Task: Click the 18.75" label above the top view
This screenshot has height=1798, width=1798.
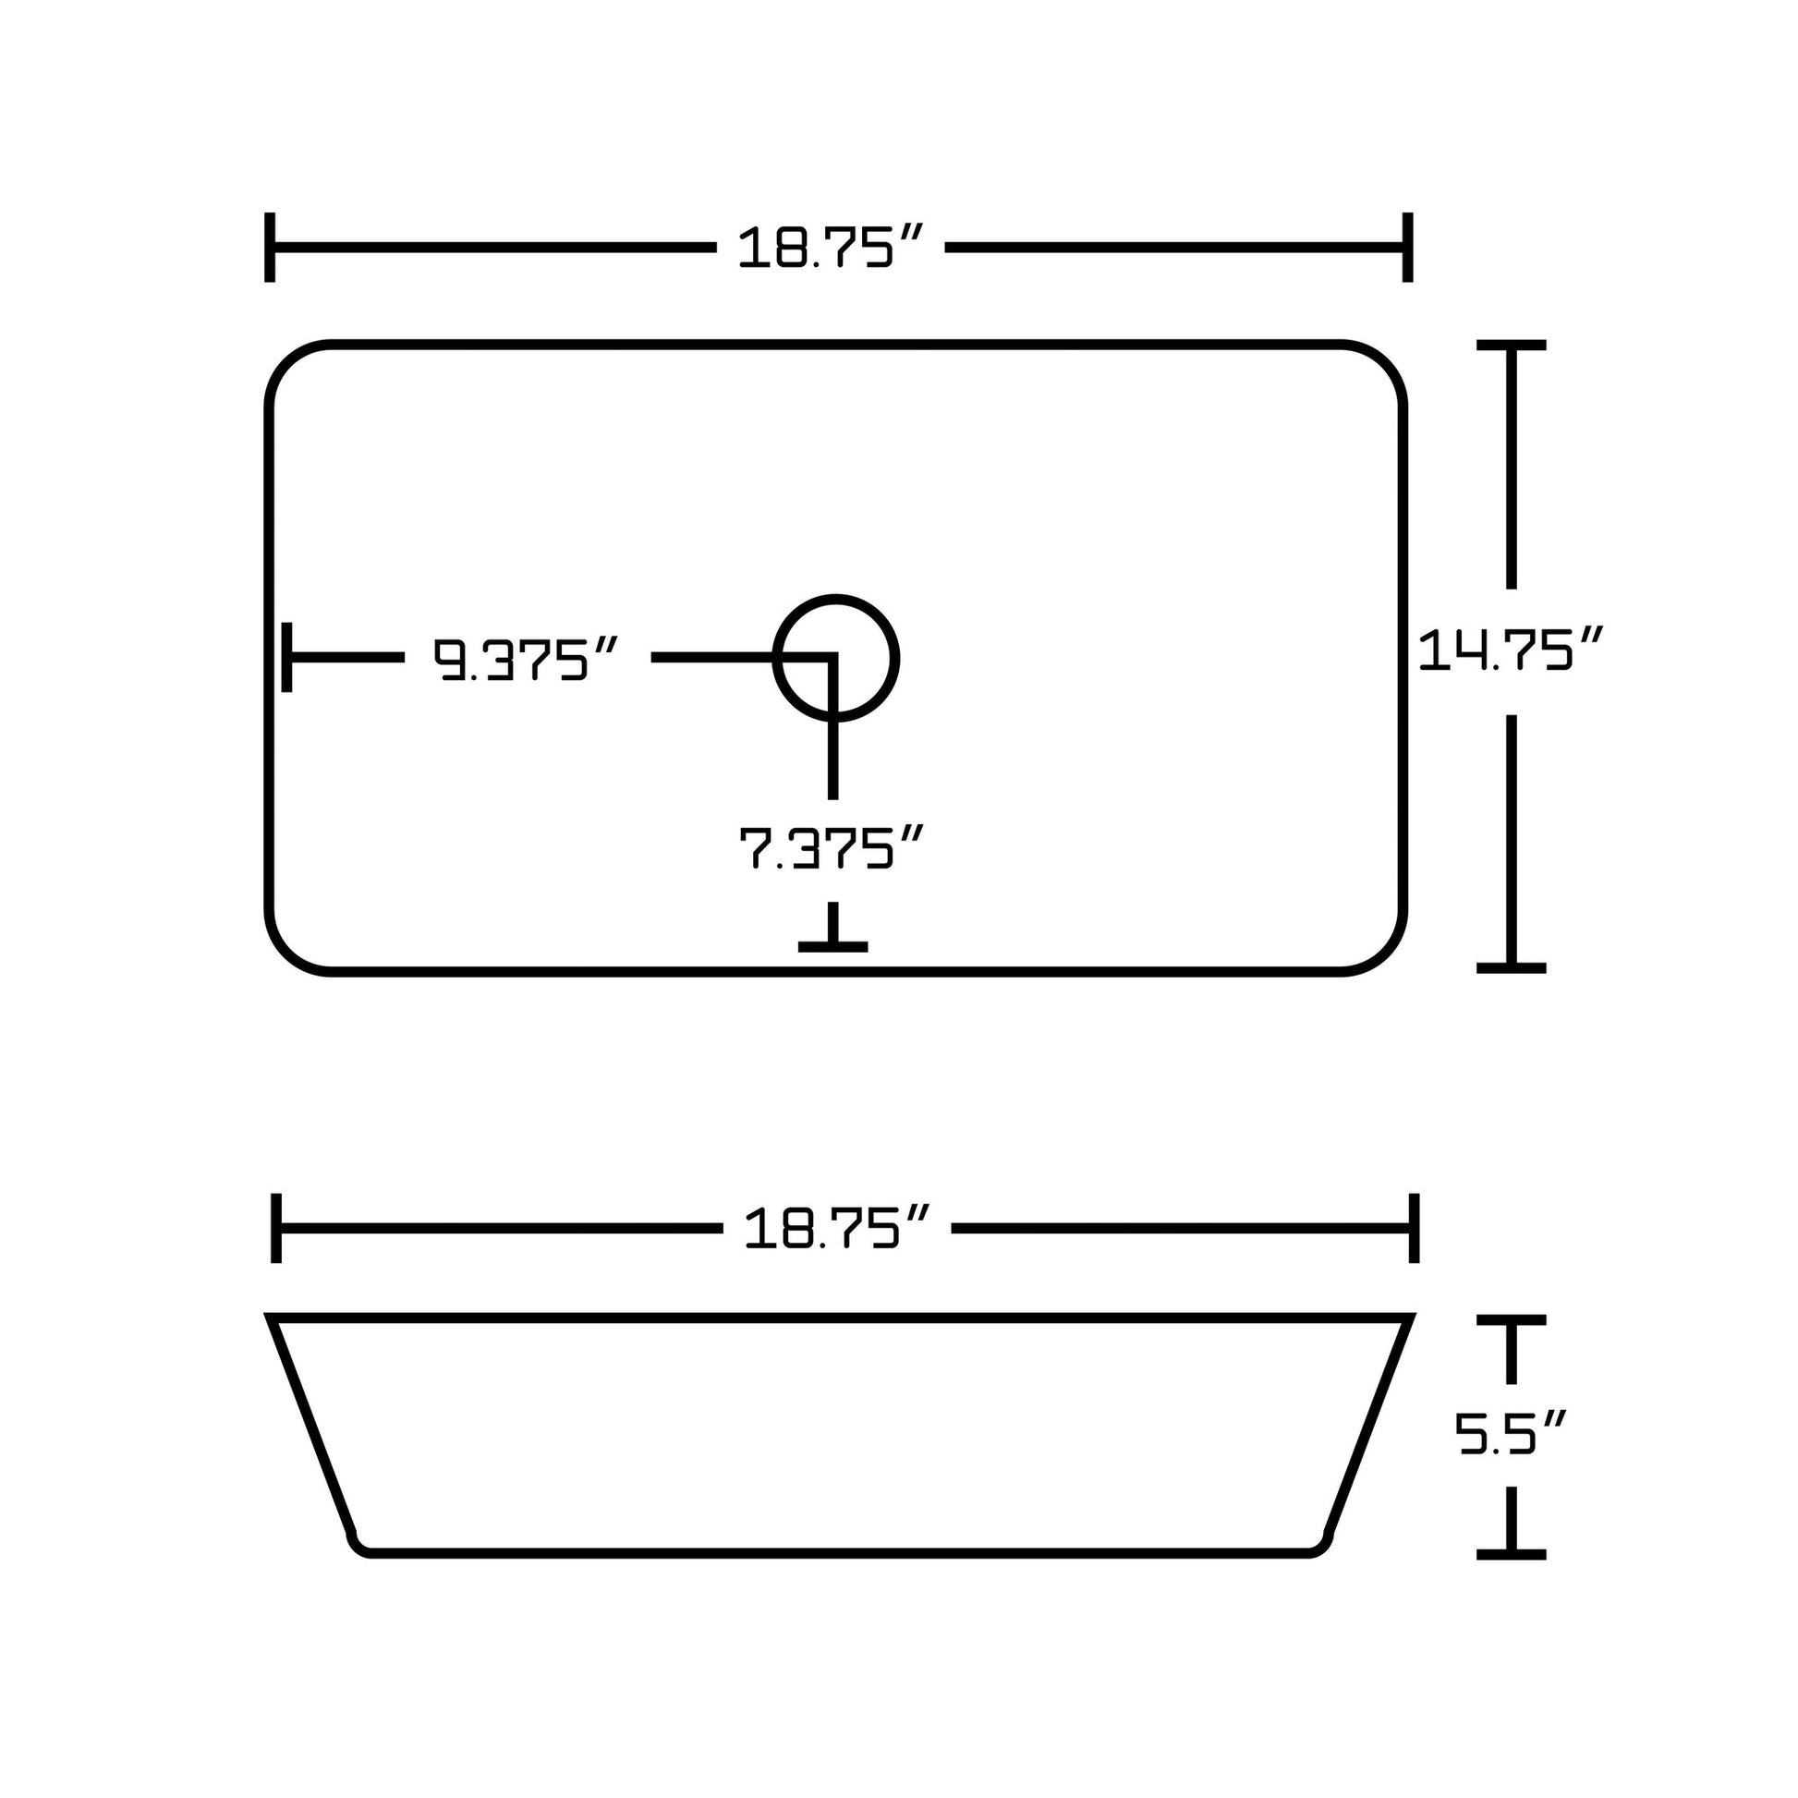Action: point(829,249)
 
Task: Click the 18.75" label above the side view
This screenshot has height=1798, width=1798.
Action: point(836,1230)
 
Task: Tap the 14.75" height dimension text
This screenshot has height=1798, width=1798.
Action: point(1510,650)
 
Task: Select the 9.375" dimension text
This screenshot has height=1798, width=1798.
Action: point(526,660)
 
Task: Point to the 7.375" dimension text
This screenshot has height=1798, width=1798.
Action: point(830,848)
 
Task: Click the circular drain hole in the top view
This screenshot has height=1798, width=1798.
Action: point(836,658)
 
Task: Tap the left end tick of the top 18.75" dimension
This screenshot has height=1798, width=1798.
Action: point(270,248)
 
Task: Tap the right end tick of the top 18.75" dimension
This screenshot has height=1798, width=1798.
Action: point(1408,248)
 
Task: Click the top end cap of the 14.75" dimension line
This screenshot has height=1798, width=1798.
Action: point(1511,346)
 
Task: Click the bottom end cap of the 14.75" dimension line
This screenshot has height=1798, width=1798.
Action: point(1511,969)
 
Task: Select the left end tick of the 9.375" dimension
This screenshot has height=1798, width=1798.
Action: point(286,658)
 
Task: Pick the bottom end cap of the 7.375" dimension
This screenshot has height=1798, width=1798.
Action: point(832,947)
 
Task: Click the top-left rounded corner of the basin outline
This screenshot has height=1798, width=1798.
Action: point(288,364)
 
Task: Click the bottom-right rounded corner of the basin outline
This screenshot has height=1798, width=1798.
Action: point(1385,952)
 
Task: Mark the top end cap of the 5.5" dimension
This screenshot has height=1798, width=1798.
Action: point(1511,1320)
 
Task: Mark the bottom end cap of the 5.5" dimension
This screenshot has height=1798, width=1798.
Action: point(1511,1555)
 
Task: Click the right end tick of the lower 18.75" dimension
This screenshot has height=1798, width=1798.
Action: point(1415,1229)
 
